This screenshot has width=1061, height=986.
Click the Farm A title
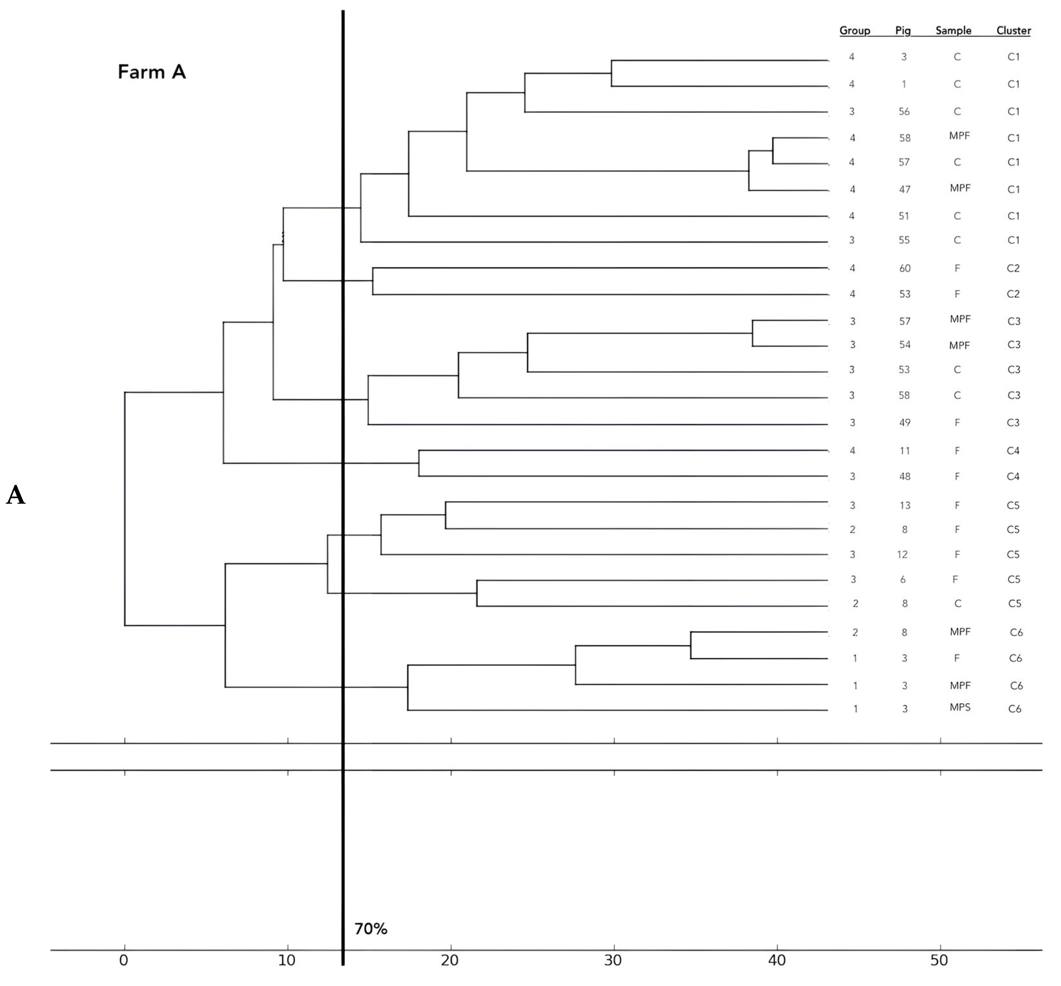152,72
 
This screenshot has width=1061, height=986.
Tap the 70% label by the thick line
371,929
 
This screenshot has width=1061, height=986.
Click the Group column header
855,30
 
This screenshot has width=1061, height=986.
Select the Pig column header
903,30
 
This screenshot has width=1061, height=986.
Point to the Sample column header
953,30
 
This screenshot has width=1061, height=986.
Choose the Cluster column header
1013,30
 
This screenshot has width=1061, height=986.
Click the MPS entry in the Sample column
960,708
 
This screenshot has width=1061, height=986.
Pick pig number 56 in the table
903,112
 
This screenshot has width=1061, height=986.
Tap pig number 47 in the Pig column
904,189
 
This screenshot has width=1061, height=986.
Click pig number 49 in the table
904,423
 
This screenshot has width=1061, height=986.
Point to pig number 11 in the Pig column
904,451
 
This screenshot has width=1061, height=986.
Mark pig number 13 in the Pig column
904,505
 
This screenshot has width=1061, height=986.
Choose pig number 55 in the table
903,240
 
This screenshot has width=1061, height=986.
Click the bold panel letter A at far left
16,496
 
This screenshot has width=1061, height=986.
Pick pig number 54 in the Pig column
904,345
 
